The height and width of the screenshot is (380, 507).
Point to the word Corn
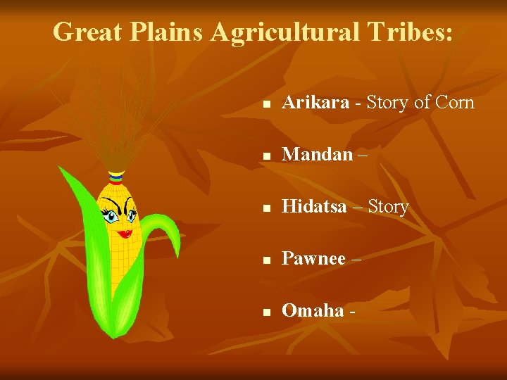[455, 103]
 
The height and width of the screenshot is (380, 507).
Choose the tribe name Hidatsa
[314, 207]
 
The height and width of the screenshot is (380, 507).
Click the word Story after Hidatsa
[388, 207]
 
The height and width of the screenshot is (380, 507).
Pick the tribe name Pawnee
[313, 259]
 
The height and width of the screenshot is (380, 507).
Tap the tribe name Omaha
[313, 311]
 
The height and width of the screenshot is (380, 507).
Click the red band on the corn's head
[116, 172]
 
